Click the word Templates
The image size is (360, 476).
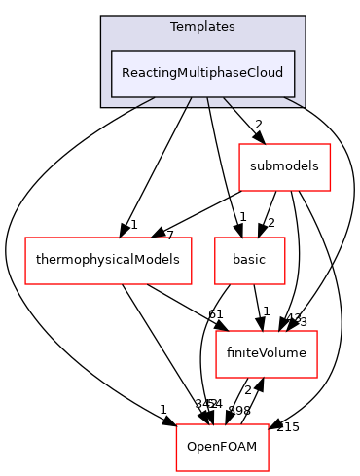(x=202, y=27)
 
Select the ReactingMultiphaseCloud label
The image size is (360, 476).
(x=202, y=73)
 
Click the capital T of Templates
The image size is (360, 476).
(x=173, y=27)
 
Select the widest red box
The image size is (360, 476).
(x=108, y=261)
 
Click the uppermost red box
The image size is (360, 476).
(x=285, y=167)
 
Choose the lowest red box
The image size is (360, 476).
(x=222, y=448)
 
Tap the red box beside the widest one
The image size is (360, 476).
(x=250, y=261)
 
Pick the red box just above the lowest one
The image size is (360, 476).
(x=267, y=354)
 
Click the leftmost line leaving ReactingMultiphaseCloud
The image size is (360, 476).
(x=146, y=102)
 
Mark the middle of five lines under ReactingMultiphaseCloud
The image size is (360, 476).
(x=207, y=102)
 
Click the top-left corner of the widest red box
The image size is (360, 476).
(x=25, y=238)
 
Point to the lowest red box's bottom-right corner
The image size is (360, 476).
(x=269, y=471)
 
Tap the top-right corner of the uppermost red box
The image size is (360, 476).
(x=331, y=144)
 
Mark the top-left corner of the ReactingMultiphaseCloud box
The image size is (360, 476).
(x=112, y=51)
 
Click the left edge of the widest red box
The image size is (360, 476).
(x=25, y=261)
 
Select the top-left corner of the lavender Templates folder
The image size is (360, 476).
(x=101, y=17)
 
